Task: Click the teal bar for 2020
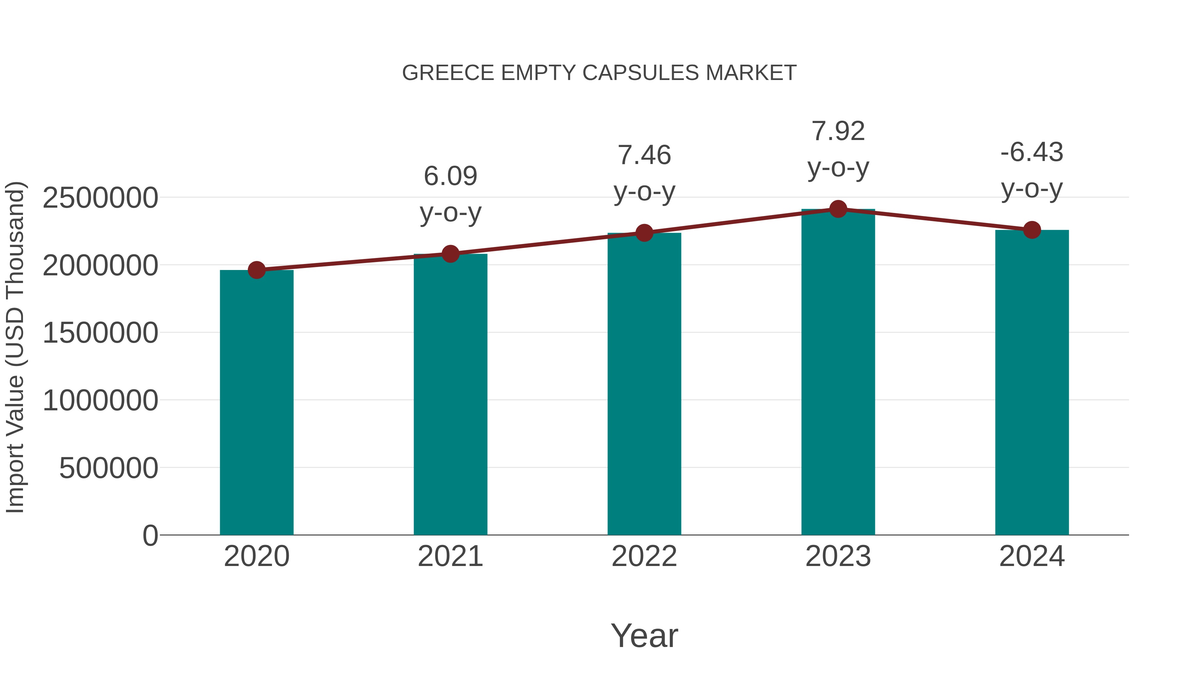(256, 403)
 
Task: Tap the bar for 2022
(644, 384)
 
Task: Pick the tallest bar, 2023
(838, 373)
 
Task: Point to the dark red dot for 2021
(450, 254)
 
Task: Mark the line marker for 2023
(838, 209)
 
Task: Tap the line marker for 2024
(1032, 230)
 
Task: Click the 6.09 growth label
(450, 176)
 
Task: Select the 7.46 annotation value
(644, 155)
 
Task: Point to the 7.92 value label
(838, 131)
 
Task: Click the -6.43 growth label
(1032, 152)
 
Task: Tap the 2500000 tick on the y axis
(100, 198)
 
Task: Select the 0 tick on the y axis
(150, 536)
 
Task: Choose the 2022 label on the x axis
(644, 556)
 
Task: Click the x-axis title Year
(644, 635)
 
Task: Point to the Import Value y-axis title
(15, 347)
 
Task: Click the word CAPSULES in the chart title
(640, 73)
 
